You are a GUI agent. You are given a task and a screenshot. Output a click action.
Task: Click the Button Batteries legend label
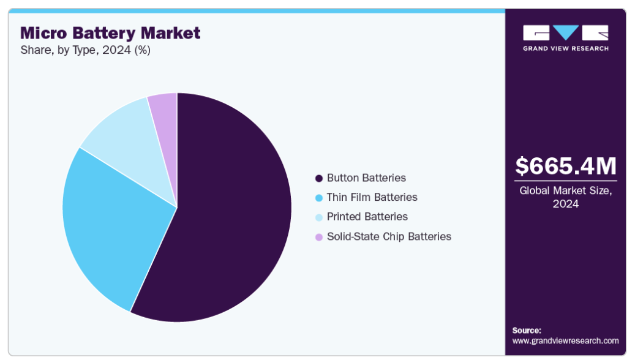click(366, 178)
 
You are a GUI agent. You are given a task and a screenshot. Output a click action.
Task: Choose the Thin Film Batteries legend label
click(372, 197)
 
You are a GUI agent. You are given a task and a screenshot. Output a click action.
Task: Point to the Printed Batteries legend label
click(367, 217)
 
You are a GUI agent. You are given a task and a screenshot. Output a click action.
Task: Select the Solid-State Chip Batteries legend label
click(389, 236)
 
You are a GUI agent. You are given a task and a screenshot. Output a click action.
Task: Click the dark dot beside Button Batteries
click(319, 178)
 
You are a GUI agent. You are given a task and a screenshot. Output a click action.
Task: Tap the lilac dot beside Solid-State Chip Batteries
click(319, 237)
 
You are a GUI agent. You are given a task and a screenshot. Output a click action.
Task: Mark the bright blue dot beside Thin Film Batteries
click(319, 198)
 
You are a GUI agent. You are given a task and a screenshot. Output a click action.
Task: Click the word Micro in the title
click(43, 33)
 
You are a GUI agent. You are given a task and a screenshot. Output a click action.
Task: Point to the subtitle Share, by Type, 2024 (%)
click(86, 50)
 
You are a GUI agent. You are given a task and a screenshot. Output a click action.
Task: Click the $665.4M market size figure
click(566, 166)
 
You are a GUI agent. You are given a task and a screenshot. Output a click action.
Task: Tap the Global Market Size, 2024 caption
click(566, 197)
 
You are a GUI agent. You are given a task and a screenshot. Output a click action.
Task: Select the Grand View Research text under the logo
click(566, 48)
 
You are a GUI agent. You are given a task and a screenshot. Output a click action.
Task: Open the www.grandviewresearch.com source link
click(565, 341)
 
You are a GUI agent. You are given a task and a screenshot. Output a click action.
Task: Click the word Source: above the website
click(527, 331)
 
